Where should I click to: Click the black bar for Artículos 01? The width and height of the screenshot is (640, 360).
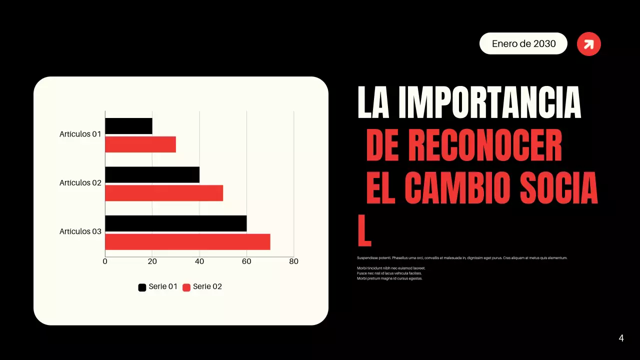click(x=128, y=126)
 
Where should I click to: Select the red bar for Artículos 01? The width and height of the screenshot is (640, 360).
click(x=140, y=144)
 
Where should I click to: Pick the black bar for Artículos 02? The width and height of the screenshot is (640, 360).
click(x=152, y=174)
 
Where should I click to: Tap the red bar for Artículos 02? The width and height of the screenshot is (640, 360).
click(x=164, y=193)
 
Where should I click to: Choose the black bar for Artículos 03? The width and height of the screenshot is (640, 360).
click(x=175, y=223)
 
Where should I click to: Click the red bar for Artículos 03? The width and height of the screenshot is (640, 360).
click(x=187, y=242)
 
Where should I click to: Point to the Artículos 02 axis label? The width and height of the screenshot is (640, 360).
click(x=80, y=183)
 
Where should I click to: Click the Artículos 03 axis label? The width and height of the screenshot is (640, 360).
click(x=80, y=231)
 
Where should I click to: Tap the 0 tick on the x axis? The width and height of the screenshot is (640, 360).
click(x=105, y=261)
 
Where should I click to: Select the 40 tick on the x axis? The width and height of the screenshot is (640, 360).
click(x=199, y=261)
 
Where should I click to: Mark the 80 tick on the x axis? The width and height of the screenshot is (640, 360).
click(x=294, y=261)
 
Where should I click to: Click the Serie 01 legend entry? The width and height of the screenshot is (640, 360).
click(x=158, y=287)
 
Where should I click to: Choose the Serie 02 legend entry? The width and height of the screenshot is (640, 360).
click(x=202, y=287)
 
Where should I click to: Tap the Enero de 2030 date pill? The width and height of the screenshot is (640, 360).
click(x=523, y=43)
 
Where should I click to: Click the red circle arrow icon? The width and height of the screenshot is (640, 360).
click(x=589, y=44)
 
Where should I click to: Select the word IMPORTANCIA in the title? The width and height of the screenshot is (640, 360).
click(x=490, y=103)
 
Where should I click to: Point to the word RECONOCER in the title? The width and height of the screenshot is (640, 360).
click(x=485, y=145)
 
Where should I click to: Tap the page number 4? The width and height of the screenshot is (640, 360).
click(x=621, y=338)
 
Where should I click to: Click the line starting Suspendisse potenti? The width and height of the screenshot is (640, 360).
click(x=462, y=258)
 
